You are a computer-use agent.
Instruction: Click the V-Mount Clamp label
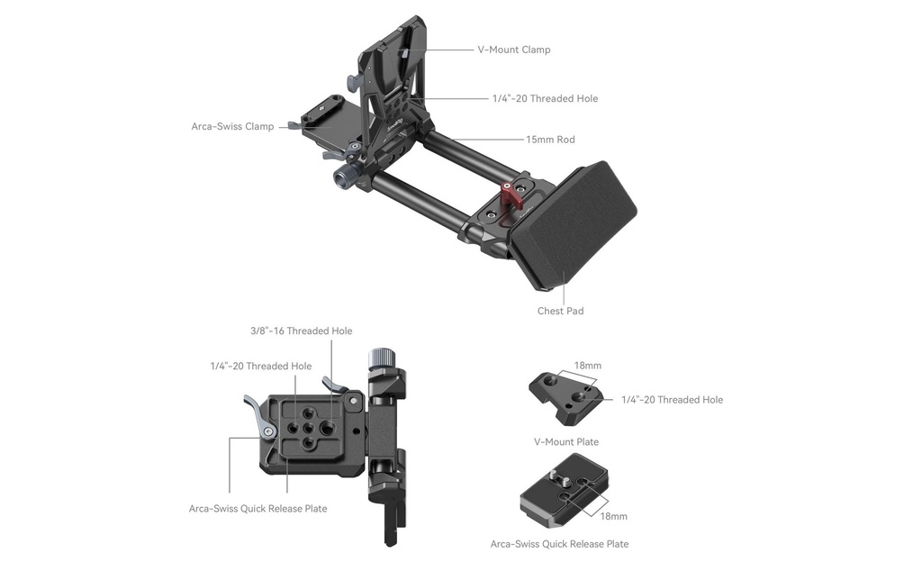click(x=514, y=50)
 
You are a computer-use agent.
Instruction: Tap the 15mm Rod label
click(x=550, y=140)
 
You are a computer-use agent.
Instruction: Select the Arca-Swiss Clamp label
click(x=232, y=126)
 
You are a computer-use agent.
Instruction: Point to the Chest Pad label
click(x=560, y=312)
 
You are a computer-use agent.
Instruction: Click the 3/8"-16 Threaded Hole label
click(x=301, y=331)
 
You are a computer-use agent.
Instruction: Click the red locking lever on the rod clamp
click(x=514, y=195)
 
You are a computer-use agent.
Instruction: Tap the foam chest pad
click(x=574, y=226)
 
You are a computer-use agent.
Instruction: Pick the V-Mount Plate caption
click(x=566, y=442)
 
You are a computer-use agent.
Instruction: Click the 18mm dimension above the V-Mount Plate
click(x=588, y=366)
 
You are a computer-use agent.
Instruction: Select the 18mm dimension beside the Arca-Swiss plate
click(x=613, y=516)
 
